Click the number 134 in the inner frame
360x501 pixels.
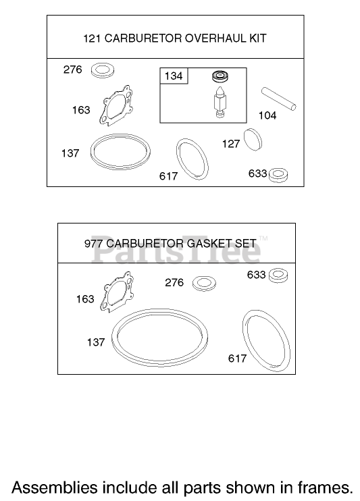tap(174, 76)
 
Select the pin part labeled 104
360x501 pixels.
tap(279, 99)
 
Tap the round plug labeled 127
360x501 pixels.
tap(253, 140)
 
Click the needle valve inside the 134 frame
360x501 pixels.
tap(221, 101)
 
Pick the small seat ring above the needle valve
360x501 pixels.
tap(220, 76)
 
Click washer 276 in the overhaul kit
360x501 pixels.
tap(103, 70)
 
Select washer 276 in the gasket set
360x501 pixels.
tap(204, 284)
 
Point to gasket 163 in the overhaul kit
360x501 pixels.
tap(116, 105)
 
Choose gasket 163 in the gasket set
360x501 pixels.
tap(117, 292)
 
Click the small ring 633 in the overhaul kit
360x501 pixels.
tap(278, 175)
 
